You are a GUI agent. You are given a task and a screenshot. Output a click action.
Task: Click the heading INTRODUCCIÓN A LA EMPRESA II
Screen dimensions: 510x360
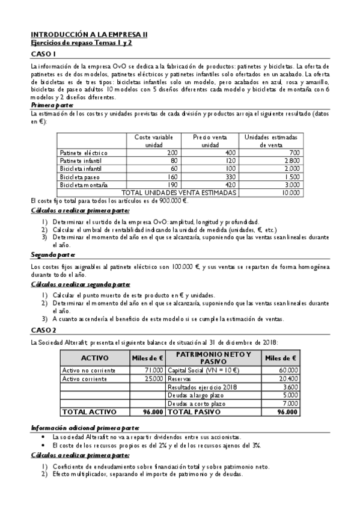click(x=84, y=35)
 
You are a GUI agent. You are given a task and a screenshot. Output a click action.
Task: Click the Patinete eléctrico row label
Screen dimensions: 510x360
click(x=84, y=153)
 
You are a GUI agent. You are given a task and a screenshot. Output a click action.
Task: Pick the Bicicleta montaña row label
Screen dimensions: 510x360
click(x=84, y=185)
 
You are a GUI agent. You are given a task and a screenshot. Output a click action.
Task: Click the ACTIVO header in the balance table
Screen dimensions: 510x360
click(x=94, y=358)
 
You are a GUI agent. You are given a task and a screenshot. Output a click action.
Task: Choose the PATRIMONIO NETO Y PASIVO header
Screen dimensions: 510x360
click(x=213, y=358)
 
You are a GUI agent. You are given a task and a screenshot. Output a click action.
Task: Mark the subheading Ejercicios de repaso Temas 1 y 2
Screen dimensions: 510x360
click(x=81, y=43)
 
